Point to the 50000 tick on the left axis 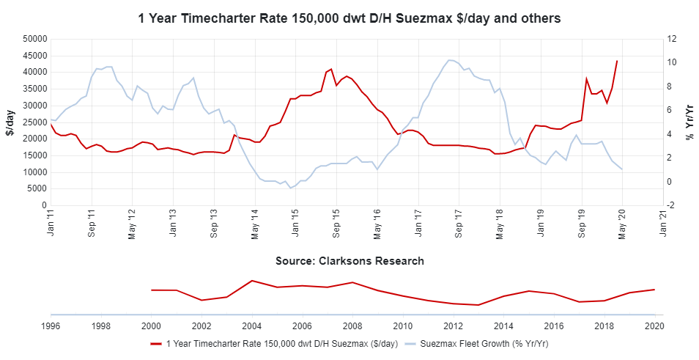click(35, 39)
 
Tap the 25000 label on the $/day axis click(35, 122)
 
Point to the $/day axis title click(10, 122)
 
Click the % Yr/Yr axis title click(689, 122)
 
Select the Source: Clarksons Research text click(349, 261)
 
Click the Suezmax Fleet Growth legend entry click(476, 343)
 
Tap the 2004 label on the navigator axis click(251, 325)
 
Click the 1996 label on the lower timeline click(51, 325)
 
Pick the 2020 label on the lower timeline click(654, 325)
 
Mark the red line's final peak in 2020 click(617, 61)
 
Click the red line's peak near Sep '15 click(331, 69)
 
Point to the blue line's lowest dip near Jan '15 click(290, 188)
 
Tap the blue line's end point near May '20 click(622, 169)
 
